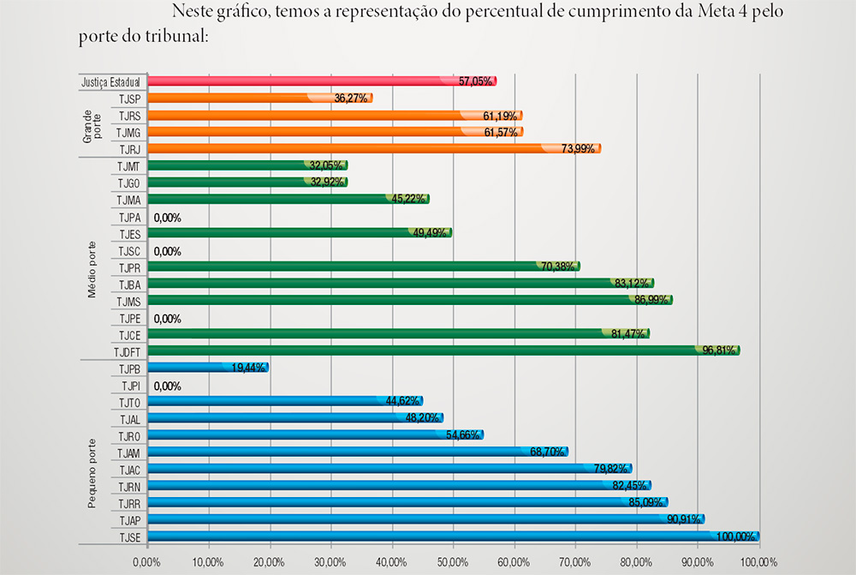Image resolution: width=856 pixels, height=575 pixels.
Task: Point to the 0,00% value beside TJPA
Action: click(x=168, y=218)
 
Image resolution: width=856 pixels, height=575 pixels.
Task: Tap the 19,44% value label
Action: click(x=248, y=368)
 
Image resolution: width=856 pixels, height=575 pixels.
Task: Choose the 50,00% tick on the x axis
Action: click(x=453, y=562)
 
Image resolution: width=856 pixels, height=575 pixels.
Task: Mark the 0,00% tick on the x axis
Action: click(x=147, y=562)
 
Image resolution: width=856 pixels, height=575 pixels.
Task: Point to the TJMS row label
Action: click(x=128, y=301)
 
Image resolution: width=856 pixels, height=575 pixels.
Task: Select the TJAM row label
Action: click(x=128, y=452)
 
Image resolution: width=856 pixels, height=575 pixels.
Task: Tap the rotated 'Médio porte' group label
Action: click(x=92, y=268)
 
